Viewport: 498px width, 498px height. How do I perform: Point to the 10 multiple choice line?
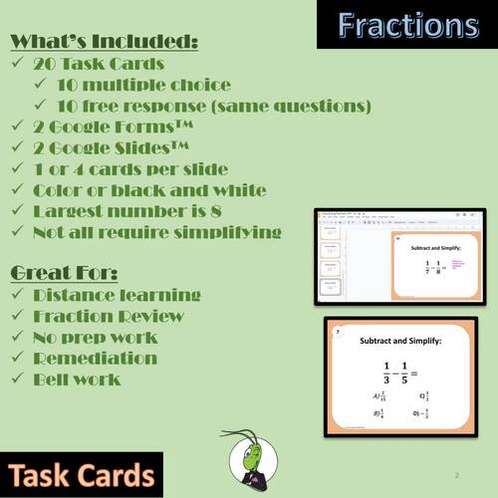point(143,85)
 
